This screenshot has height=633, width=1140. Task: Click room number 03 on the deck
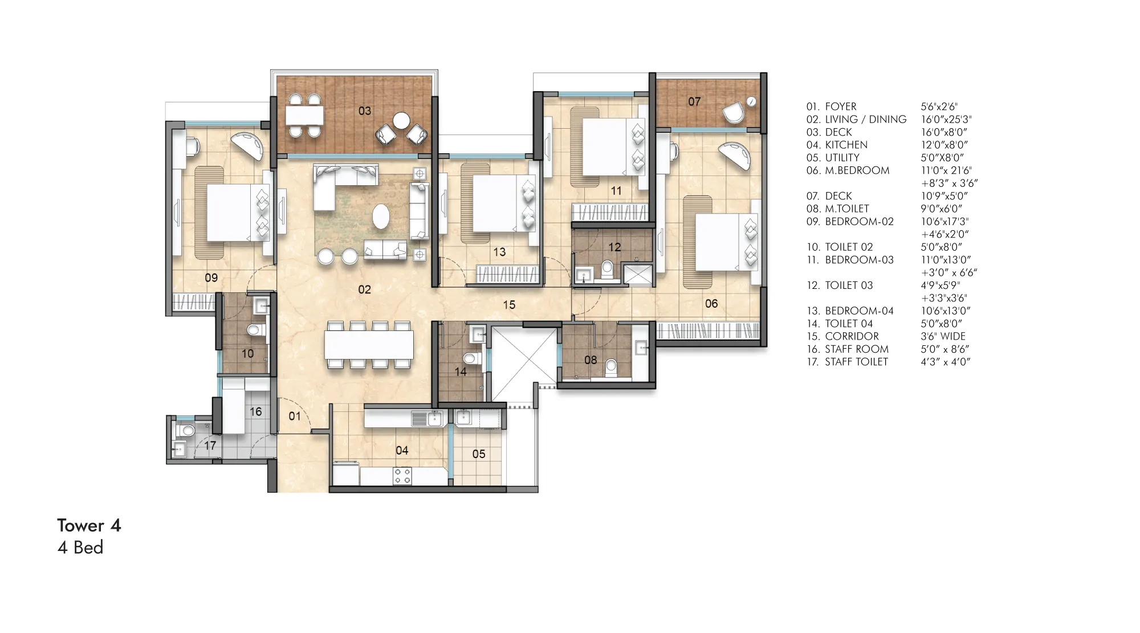point(365,111)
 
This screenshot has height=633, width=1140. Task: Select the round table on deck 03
point(402,120)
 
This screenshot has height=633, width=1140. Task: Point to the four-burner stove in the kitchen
point(402,475)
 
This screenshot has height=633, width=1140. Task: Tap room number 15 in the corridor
point(509,305)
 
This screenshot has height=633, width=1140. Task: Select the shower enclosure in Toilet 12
point(637,275)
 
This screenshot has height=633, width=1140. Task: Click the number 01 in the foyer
point(294,416)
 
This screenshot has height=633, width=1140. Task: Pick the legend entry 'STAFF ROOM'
point(857,349)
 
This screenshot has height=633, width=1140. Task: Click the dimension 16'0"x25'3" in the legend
point(946,119)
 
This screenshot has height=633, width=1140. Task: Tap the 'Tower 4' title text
point(89,525)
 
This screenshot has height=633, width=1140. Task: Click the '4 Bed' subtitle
point(80,548)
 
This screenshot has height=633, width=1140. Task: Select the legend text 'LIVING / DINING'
point(866,119)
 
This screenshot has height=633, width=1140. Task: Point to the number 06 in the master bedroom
point(711,304)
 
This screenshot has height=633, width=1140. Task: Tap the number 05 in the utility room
point(479,454)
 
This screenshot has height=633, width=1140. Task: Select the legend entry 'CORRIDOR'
point(852,336)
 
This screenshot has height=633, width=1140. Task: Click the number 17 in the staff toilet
point(210,446)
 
